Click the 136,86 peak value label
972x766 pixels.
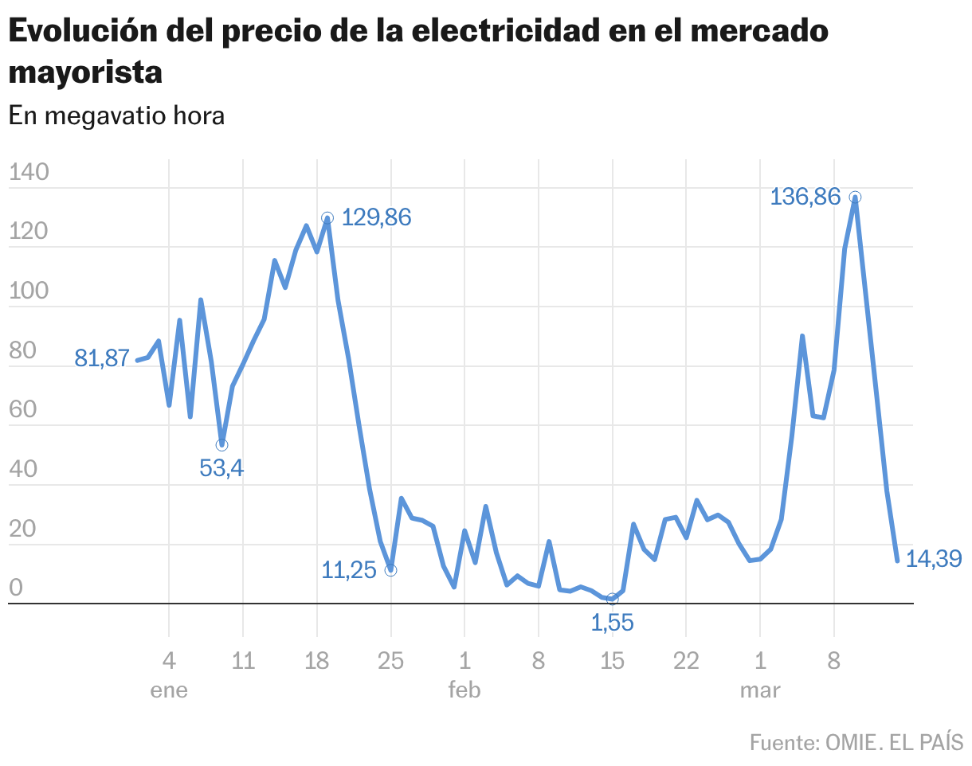coord(805,196)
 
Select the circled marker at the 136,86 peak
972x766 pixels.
coord(855,197)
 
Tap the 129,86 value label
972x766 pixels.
coord(376,217)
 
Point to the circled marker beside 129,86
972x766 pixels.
coord(327,217)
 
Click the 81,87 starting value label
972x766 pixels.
coord(102,358)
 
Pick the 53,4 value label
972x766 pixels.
coord(221,468)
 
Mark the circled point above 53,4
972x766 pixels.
coord(221,444)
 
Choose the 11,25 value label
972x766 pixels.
coord(348,570)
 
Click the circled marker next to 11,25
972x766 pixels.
coord(390,570)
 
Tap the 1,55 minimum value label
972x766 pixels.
coord(612,623)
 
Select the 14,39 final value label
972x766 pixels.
coord(935,559)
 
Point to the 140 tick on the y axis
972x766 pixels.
coord(29,172)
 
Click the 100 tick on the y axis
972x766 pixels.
coord(29,291)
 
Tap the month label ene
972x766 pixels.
coord(169,690)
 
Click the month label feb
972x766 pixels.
coord(464,690)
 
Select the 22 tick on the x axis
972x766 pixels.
coord(686,661)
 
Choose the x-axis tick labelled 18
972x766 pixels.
coord(317,661)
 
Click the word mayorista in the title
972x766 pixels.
coord(85,72)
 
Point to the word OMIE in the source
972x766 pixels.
coord(850,742)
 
